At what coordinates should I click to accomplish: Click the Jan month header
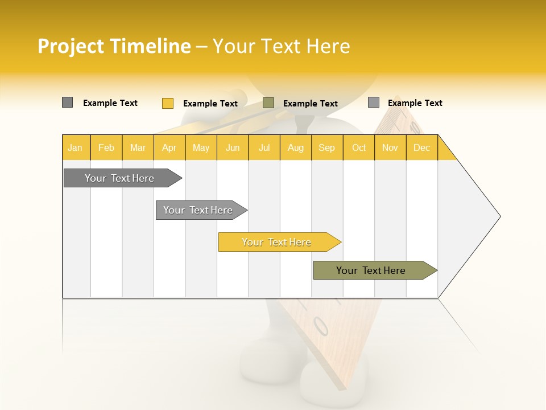pyautogui.click(x=75, y=147)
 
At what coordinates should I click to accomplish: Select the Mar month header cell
pyautogui.click(x=138, y=147)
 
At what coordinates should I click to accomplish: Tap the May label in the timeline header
pyautogui.click(x=201, y=147)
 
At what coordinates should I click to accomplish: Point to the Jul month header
pyautogui.click(x=264, y=147)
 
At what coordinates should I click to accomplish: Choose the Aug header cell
pyautogui.click(x=295, y=147)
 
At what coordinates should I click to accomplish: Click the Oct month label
pyautogui.click(x=359, y=147)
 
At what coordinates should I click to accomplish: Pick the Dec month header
pyautogui.click(x=421, y=147)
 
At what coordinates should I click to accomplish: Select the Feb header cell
pyautogui.click(x=106, y=147)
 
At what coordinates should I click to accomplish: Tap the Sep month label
pyautogui.click(x=326, y=147)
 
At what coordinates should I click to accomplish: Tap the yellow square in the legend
pyautogui.click(x=167, y=103)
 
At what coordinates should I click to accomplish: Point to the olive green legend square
pyautogui.click(x=268, y=103)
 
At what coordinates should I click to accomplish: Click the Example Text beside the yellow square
pyautogui.click(x=210, y=104)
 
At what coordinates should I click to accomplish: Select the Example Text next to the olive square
pyautogui.click(x=310, y=104)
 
